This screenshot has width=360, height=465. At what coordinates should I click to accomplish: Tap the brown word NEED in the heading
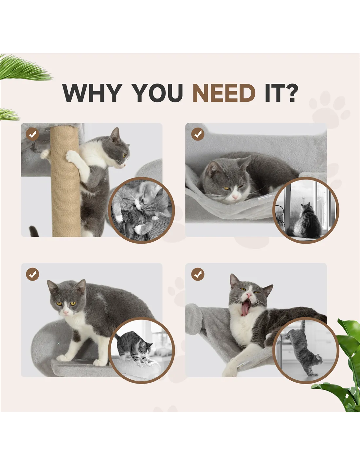pyautogui.click(x=224, y=93)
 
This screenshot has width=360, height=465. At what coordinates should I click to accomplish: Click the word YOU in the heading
pyautogui.click(x=157, y=93)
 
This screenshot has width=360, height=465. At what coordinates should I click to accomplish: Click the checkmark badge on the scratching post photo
pyautogui.click(x=32, y=134)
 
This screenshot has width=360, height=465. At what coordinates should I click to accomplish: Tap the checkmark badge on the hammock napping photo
pyautogui.click(x=198, y=134)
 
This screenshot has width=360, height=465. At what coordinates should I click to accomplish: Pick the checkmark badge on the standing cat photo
pyautogui.click(x=32, y=274)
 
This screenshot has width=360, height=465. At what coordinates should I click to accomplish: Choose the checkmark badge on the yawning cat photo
pyautogui.click(x=198, y=274)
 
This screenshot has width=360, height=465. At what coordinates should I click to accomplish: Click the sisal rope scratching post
pyautogui.click(x=65, y=181)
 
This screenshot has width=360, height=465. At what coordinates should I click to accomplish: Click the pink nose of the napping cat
pyautogui.click(x=235, y=197)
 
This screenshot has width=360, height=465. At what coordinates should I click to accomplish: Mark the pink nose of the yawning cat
pyautogui.click(x=249, y=295)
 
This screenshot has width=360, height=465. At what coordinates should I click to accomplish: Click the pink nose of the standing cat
pyautogui.click(x=66, y=313)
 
